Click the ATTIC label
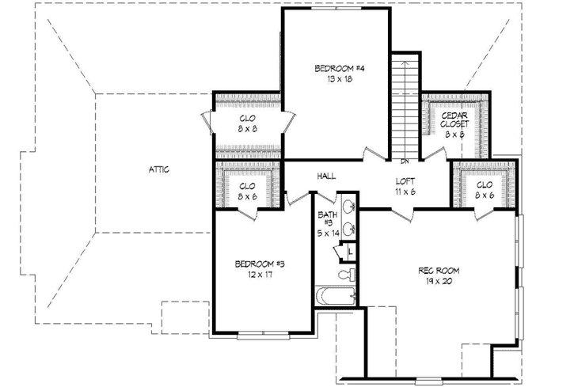(161, 169)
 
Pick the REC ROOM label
(439, 271)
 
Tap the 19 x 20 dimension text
(439, 282)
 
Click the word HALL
(329, 176)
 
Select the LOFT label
(405, 180)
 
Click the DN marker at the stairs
(405, 161)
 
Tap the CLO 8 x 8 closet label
(247, 123)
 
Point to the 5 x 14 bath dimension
(328, 233)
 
